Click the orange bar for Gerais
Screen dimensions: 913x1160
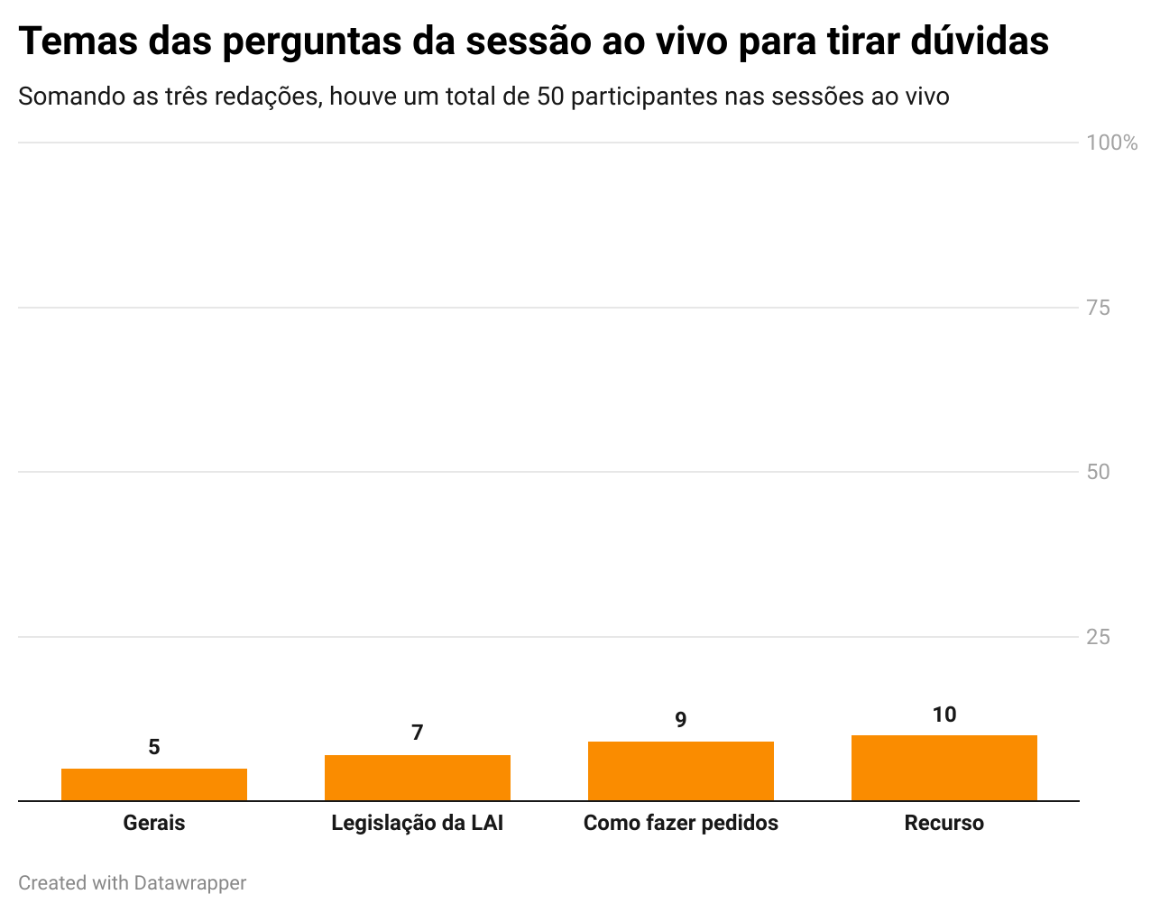(154, 784)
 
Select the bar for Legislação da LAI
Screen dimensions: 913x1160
(418, 778)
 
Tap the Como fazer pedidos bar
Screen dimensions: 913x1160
(681, 770)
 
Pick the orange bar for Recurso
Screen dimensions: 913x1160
(944, 768)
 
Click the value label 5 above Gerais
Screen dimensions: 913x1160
(154, 747)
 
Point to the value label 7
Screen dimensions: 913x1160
(418, 733)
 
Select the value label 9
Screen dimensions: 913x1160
(681, 720)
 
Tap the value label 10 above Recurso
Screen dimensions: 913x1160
(944, 715)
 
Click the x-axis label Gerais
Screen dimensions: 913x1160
(154, 823)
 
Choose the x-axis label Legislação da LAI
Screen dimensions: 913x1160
(418, 823)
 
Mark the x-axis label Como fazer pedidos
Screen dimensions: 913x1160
(681, 823)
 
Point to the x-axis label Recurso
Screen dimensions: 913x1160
(944, 823)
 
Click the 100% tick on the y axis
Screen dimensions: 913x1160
(1112, 143)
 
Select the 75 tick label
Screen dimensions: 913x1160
(1099, 308)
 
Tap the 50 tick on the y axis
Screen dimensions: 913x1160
(1099, 472)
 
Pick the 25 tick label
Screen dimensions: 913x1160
(1099, 637)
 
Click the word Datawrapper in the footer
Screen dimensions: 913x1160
(190, 882)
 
